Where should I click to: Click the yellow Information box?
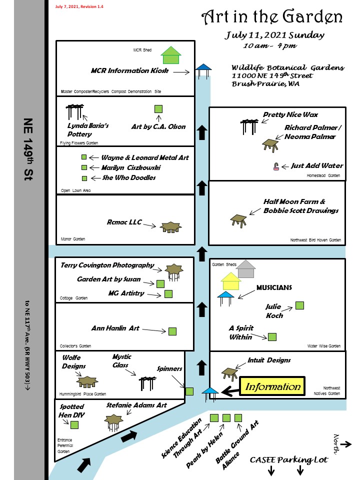click(273, 386)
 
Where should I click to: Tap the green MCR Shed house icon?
click(171, 55)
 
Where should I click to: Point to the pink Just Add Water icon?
click(276, 167)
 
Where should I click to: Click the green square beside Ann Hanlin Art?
click(172, 330)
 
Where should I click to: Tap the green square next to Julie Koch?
click(300, 305)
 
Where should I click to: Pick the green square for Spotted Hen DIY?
click(74, 425)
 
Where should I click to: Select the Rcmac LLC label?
click(124, 222)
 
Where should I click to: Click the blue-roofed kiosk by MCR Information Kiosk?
click(203, 70)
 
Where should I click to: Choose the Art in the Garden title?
click(272, 17)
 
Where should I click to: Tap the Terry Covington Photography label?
click(107, 265)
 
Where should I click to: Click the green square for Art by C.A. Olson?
click(158, 109)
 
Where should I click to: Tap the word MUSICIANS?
click(274, 287)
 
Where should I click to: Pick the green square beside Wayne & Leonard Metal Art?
click(84, 157)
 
